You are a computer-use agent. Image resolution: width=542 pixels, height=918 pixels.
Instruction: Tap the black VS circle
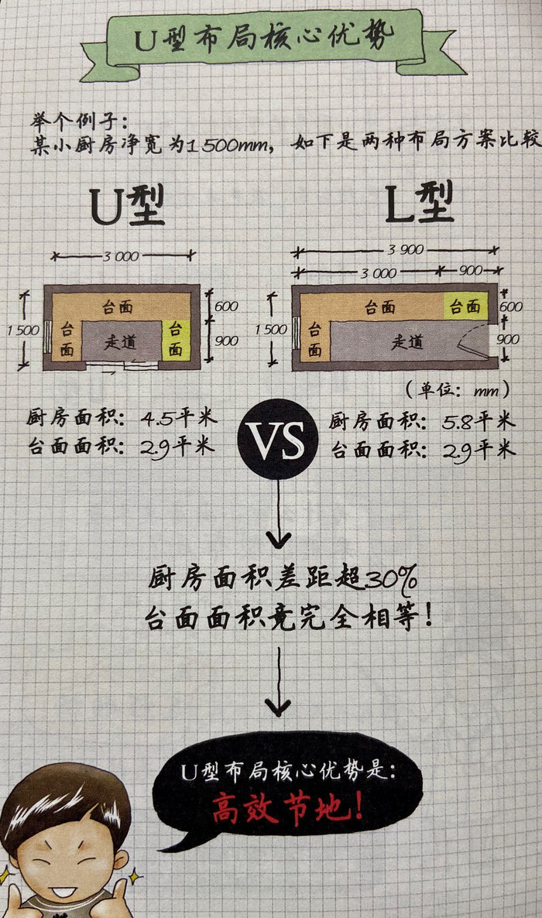(278, 439)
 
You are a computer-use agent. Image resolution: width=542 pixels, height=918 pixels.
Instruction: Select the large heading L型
(420, 203)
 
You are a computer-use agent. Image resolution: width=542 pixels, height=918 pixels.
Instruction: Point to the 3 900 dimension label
(406, 250)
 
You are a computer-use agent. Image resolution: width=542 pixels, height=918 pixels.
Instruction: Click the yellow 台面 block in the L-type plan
(466, 307)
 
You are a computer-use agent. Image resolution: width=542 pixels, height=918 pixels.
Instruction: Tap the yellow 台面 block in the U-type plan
(175, 340)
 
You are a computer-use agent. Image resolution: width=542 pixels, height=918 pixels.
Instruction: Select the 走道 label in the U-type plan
(120, 341)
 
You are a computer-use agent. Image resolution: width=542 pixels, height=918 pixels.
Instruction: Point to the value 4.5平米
(179, 419)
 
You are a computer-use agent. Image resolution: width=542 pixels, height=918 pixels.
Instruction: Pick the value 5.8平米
(479, 421)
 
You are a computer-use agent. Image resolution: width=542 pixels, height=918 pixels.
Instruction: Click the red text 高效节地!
(288, 809)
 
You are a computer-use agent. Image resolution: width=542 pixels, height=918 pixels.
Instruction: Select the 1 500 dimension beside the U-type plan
(23, 331)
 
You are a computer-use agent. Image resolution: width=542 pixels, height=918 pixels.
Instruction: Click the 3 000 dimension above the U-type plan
(121, 256)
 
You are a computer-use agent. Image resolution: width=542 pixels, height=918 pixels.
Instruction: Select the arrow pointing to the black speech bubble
(278, 682)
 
